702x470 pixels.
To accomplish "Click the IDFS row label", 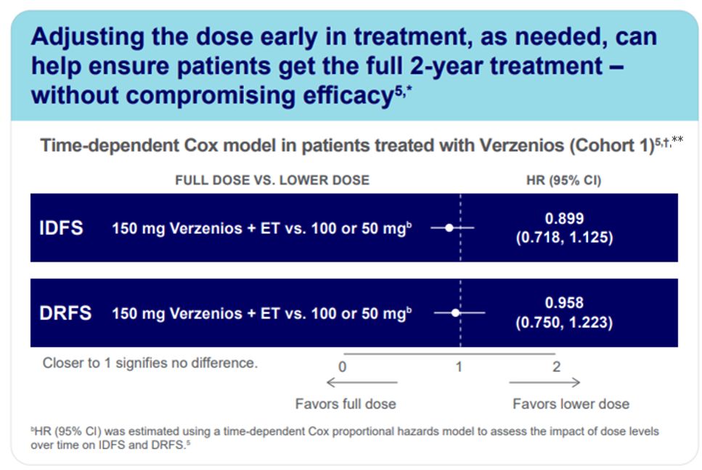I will coord(61,228).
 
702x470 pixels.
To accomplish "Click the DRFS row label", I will coord(65,313).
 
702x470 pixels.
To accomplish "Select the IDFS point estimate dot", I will coord(449,228).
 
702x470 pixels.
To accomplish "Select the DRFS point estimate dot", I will coord(456,313).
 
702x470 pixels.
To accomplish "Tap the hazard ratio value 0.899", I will coord(564,218).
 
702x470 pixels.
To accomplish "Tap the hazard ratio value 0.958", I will coord(564,303).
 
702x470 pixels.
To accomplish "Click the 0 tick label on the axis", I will coord(342,367).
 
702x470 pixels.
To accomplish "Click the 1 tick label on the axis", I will coord(459,367).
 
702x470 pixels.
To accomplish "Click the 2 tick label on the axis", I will coord(556,367).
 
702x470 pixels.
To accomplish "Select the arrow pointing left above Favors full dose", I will coord(362,383).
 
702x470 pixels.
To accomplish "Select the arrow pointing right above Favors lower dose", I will coord(544,383).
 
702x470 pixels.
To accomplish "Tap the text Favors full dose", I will coord(346,404).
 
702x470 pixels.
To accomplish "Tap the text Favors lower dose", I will coord(571,404).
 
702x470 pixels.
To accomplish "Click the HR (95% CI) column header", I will coord(563,180).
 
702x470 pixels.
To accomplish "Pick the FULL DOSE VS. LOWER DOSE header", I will coord(272,180).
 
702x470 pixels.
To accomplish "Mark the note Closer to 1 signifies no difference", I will coord(150,362).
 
